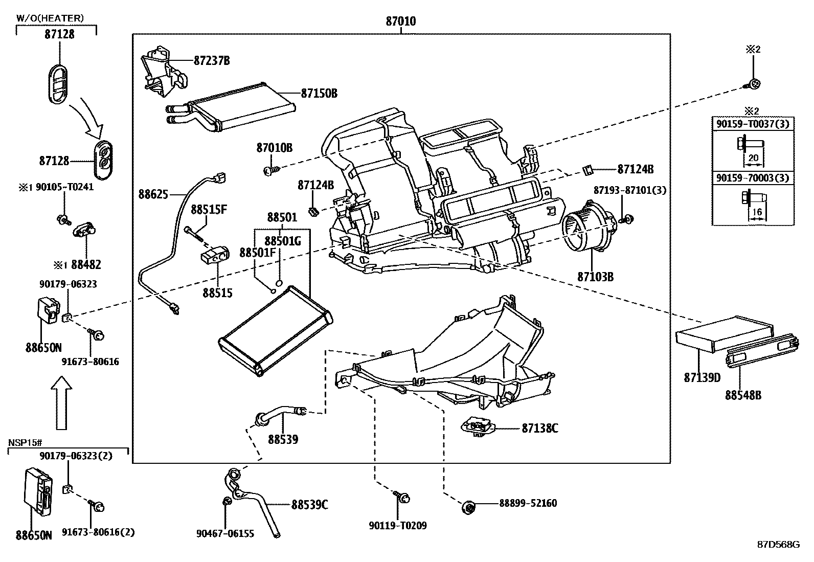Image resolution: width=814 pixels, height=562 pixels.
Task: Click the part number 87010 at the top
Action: tap(400, 21)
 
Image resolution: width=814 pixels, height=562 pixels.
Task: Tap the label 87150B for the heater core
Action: tap(319, 94)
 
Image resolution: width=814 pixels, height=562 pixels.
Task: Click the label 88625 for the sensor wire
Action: tap(153, 194)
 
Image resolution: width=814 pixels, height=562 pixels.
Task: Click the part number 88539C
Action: tap(309, 505)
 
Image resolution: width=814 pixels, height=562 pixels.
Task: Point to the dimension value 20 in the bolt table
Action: tap(753, 158)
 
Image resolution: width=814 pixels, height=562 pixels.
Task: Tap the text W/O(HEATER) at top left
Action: tap(50, 18)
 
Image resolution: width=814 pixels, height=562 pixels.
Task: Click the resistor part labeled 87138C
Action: tap(478, 426)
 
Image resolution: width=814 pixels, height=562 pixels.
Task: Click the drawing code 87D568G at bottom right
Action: tap(778, 544)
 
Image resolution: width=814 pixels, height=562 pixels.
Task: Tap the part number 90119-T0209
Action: tap(397, 525)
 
